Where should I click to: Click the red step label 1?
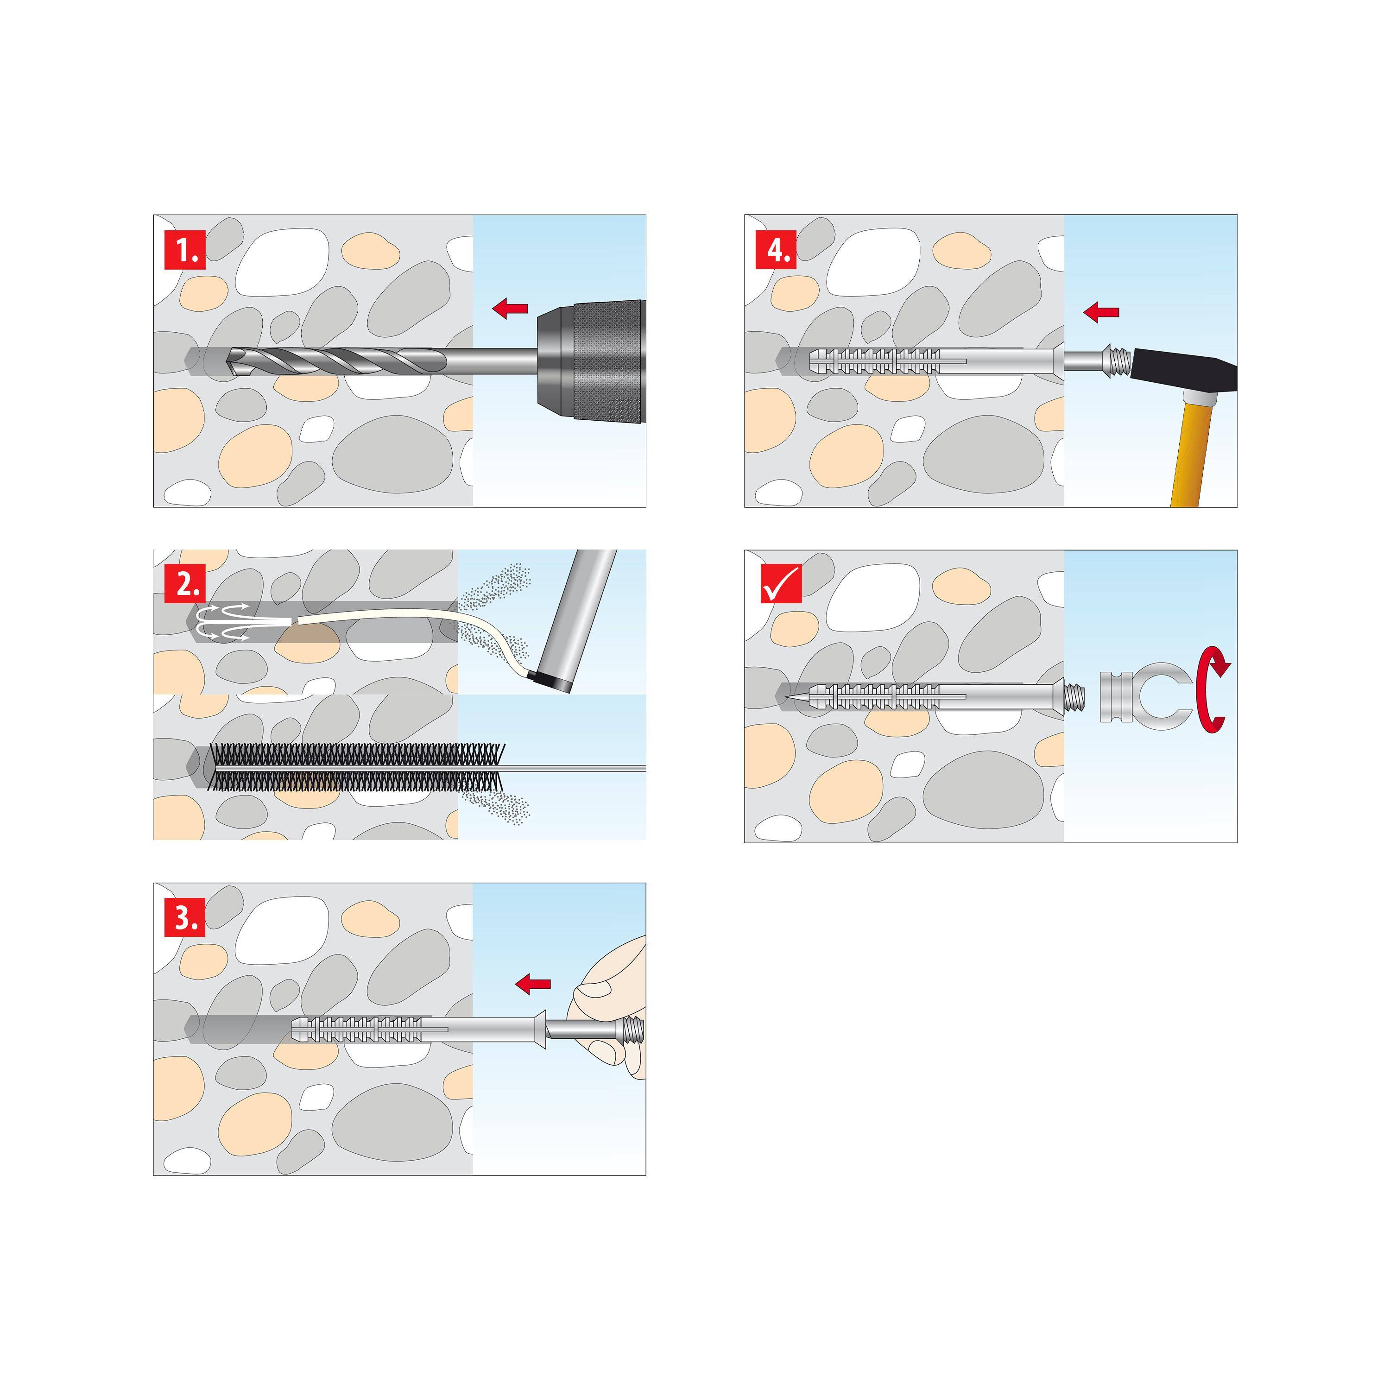(185, 250)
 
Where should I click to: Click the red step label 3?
(185, 917)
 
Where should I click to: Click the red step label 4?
(776, 250)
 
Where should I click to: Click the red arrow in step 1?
(510, 309)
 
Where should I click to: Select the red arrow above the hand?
(533, 984)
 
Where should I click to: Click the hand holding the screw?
(612, 1007)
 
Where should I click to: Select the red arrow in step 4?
(1101, 312)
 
